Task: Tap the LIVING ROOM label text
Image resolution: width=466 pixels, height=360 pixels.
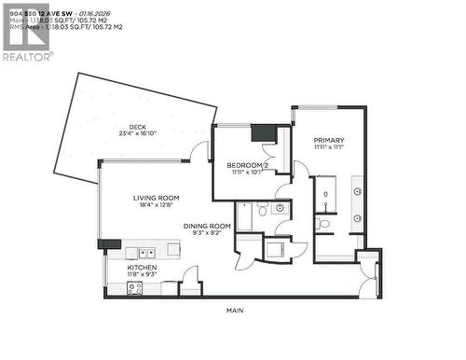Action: pos(156,198)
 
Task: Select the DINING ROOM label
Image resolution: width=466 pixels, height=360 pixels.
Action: pos(207,226)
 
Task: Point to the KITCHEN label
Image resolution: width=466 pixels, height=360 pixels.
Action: pos(143,268)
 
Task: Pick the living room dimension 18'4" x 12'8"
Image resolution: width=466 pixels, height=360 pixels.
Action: pos(156,205)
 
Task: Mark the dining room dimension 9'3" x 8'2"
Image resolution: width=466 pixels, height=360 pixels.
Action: pos(207,233)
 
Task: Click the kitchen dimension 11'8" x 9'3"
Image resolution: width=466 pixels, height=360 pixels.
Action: pos(143,275)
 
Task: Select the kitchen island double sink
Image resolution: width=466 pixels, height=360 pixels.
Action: pos(146,253)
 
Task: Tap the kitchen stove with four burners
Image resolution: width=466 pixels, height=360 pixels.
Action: pos(131,289)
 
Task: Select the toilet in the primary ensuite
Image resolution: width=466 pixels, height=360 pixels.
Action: pos(323,224)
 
